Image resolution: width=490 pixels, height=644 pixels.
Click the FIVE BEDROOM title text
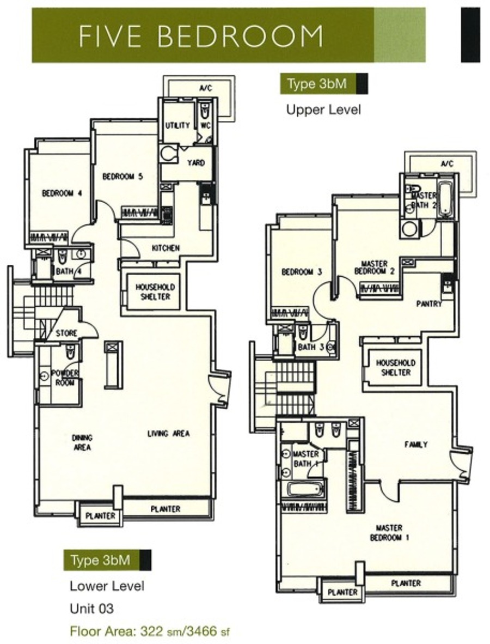tap(201, 36)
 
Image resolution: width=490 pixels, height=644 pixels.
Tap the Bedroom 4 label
tap(63, 193)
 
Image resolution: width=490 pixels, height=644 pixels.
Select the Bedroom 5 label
tap(122, 177)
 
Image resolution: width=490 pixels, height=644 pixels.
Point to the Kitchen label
tap(166, 248)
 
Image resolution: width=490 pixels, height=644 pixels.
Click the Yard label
tap(196, 163)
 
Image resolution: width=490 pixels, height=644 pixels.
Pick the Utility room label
tap(177, 125)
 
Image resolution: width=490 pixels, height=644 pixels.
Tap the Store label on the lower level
tap(66, 333)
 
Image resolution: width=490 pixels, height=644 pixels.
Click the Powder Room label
tap(64, 378)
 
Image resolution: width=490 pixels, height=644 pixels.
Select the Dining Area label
tap(83, 443)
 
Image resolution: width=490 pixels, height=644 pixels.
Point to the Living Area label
tap(169, 433)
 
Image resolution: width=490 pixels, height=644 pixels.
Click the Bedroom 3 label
tap(302, 272)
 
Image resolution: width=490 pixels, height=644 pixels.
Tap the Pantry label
tap(429, 304)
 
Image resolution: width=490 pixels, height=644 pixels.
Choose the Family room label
tap(416, 445)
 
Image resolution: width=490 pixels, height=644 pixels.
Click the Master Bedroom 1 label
tap(390, 533)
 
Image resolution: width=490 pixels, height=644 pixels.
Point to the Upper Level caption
tap(324, 110)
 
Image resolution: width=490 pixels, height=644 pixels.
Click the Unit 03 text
tap(91, 608)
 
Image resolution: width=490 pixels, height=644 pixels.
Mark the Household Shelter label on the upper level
tap(396, 368)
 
